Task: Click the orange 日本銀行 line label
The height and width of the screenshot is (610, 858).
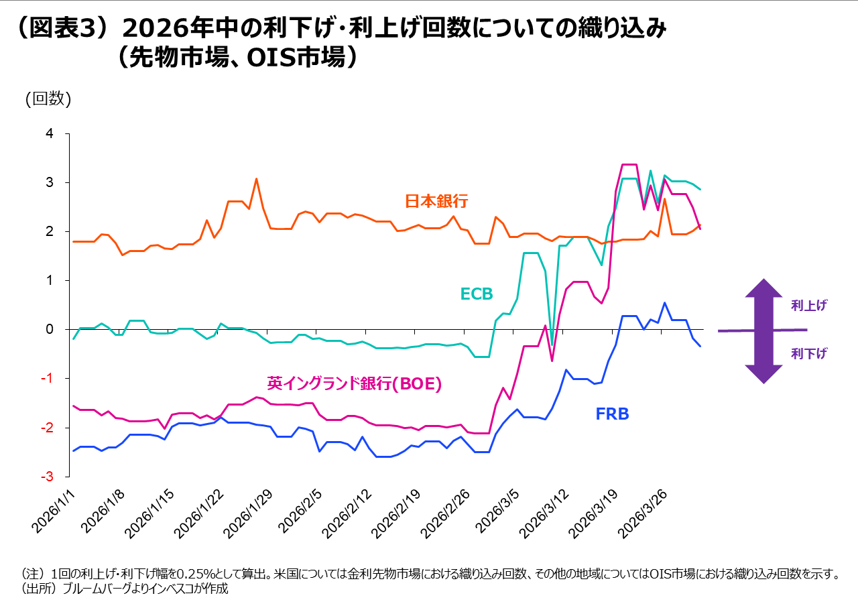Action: pos(436,201)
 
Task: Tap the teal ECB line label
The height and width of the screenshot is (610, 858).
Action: pos(477,294)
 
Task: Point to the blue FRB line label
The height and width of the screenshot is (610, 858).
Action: pos(613,414)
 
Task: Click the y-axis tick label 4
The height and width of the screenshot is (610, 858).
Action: pos(48,134)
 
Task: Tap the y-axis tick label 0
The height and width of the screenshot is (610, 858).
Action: pos(48,329)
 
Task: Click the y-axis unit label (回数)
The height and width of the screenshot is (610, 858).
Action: pos(48,99)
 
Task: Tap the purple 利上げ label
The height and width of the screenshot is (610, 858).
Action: pos(809,306)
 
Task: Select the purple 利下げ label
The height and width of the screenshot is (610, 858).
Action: pos(809,354)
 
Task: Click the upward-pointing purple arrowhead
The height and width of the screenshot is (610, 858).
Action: pos(763,290)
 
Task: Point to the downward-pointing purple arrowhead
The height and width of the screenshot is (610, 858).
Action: pos(763,373)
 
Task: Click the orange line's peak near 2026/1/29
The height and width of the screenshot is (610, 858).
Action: pos(256,179)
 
